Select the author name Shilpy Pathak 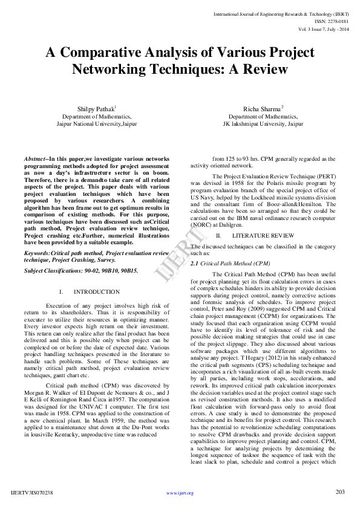click(96, 108)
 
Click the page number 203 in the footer click(340, 492)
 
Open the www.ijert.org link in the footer click(180, 493)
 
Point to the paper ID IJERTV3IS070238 click(36, 493)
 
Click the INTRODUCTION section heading click(97, 292)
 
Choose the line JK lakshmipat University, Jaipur click(263, 123)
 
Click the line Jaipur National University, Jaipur click(97, 123)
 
